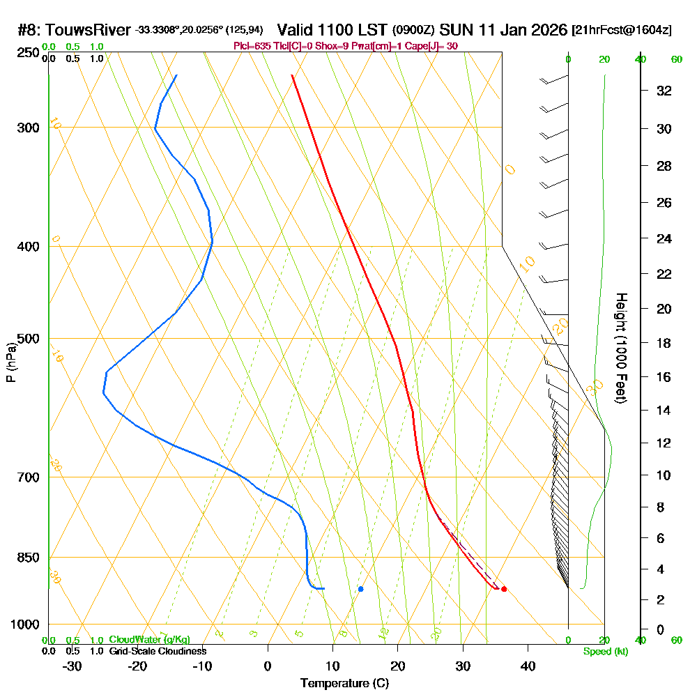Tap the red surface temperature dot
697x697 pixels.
click(504, 589)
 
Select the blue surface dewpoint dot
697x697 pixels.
click(360, 589)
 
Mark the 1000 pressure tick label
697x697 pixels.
click(25, 625)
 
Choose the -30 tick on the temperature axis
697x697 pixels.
click(72, 666)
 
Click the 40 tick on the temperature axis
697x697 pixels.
click(528, 666)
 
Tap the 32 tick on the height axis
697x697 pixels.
click(664, 91)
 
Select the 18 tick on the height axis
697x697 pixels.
click(664, 343)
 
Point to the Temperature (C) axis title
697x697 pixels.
click(344, 684)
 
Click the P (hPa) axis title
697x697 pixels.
click(10, 362)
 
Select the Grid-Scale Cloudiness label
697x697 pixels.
click(158, 651)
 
